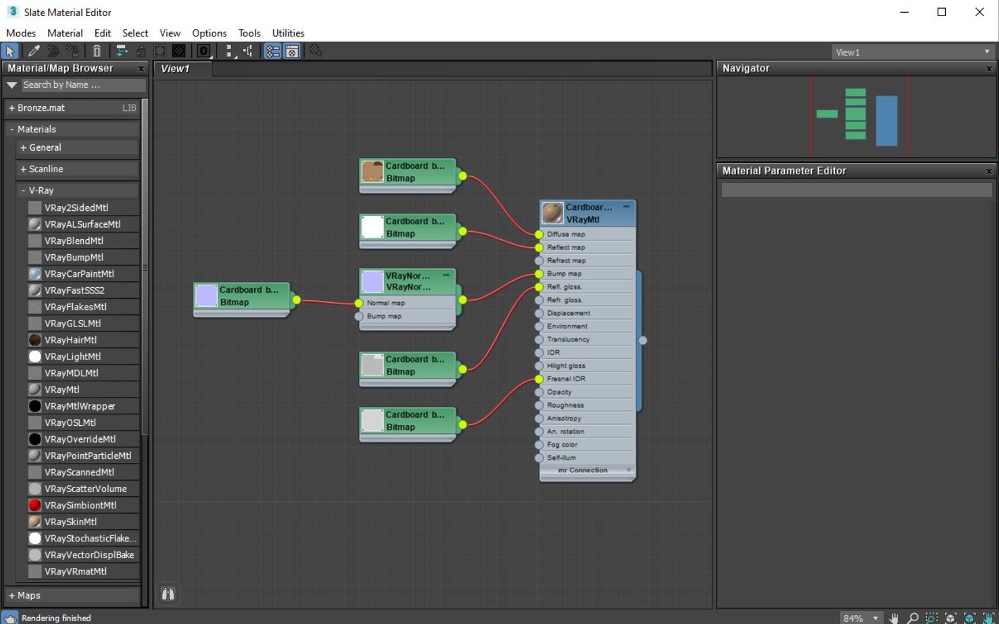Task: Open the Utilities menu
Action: coord(288,33)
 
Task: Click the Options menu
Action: coord(209,33)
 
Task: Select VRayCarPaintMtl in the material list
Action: coord(79,274)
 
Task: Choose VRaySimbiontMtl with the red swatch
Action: coord(80,505)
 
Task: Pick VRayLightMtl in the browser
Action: coord(72,356)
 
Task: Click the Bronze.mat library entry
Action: coord(40,107)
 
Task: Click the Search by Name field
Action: coord(83,85)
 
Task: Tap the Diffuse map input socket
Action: coord(539,234)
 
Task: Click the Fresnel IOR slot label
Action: coord(566,379)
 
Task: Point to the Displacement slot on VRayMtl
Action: coord(569,313)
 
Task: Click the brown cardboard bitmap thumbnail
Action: coord(372,172)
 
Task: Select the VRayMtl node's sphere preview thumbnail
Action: coord(552,213)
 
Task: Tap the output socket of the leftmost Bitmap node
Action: coord(296,300)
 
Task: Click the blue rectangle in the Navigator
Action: coord(886,121)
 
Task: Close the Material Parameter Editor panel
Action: coord(989,171)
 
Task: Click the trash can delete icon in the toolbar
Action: coord(97,51)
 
